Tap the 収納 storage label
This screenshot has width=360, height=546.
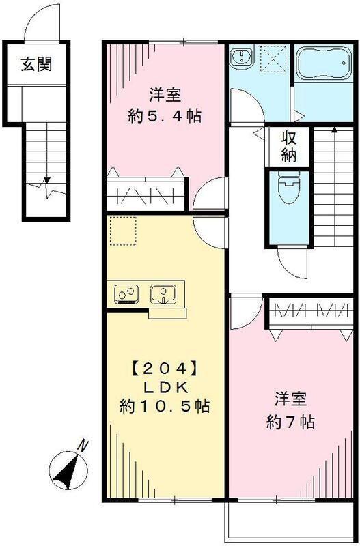click(288, 146)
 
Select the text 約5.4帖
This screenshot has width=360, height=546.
click(164, 116)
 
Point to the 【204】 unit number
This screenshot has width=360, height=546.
click(164, 369)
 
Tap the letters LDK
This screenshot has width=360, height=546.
click(164, 388)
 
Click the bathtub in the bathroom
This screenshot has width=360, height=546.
click(324, 63)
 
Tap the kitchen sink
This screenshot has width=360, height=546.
click(163, 294)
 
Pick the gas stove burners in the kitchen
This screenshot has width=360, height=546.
click(126, 294)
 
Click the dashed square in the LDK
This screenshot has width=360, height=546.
click(122, 230)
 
